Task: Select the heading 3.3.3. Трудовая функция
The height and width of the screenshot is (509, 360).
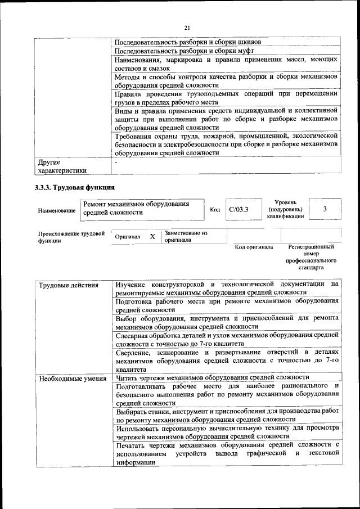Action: tap(75, 187)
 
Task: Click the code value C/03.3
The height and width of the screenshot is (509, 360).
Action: tap(238, 209)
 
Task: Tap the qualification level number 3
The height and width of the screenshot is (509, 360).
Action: tap(325, 209)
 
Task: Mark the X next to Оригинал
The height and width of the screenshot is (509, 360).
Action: tap(152, 237)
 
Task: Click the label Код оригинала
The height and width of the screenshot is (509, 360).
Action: tap(254, 247)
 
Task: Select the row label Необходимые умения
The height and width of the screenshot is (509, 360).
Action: tap(73, 377)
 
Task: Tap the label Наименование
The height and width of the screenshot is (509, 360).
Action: tap(57, 210)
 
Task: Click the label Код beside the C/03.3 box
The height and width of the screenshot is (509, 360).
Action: tap(214, 210)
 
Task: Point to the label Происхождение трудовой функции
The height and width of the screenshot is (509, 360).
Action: tap(71, 237)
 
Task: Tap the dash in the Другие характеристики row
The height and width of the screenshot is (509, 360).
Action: tap(116, 162)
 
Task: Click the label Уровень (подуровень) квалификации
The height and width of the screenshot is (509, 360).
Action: tap(285, 209)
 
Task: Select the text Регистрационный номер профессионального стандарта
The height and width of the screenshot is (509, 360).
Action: tap(310, 258)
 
